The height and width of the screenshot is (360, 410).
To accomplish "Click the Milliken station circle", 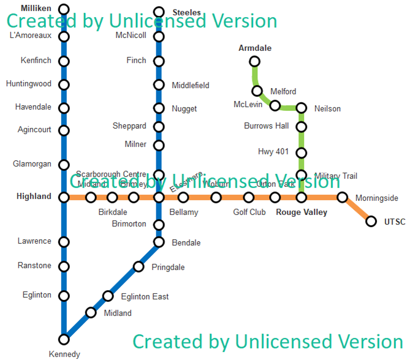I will pyautogui.click(x=64, y=9).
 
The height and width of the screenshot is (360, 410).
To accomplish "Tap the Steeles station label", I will pyautogui.click(x=187, y=12).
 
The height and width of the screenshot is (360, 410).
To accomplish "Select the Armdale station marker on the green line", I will pyautogui.click(x=254, y=61).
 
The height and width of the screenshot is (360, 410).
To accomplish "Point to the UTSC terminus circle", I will pyautogui.click(x=371, y=221).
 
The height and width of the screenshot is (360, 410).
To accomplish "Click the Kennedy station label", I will pyautogui.click(x=64, y=354).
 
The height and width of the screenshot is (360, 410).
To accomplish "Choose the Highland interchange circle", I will pyautogui.click(x=64, y=197).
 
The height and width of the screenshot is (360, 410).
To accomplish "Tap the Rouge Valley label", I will pyautogui.click(x=302, y=212).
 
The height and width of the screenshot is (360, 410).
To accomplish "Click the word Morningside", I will pyautogui.click(x=377, y=198).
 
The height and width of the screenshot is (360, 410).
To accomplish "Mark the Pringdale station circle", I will pyautogui.click(x=139, y=266).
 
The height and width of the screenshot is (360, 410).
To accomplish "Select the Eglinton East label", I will pyautogui.click(x=145, y=297).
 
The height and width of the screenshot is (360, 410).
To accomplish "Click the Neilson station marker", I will pyautogui.click(x=301, y=108).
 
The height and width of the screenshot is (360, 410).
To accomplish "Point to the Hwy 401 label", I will pyautogui.click(x=273, y=152).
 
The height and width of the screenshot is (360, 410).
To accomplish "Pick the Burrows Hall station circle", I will pyautogui.click(x=301, y=127).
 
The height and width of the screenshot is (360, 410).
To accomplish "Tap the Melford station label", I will pyautogui.click(x=283, y=92).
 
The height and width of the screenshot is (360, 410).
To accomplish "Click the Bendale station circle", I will pyautogui.click(x=159, y=242).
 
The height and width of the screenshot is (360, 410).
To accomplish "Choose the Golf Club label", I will pyautogui.click(x=249, y=212).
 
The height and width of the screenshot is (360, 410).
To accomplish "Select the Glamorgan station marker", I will pyautogui.click(x=64, y=164).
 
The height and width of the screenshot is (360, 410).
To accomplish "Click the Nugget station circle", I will pyautogui.click(x=159, y=108).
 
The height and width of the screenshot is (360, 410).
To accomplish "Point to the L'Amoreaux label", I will pyautogui.click(x=31, y=36).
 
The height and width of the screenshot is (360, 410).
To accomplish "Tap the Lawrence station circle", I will pyautogui.click(x=64, y=242).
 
